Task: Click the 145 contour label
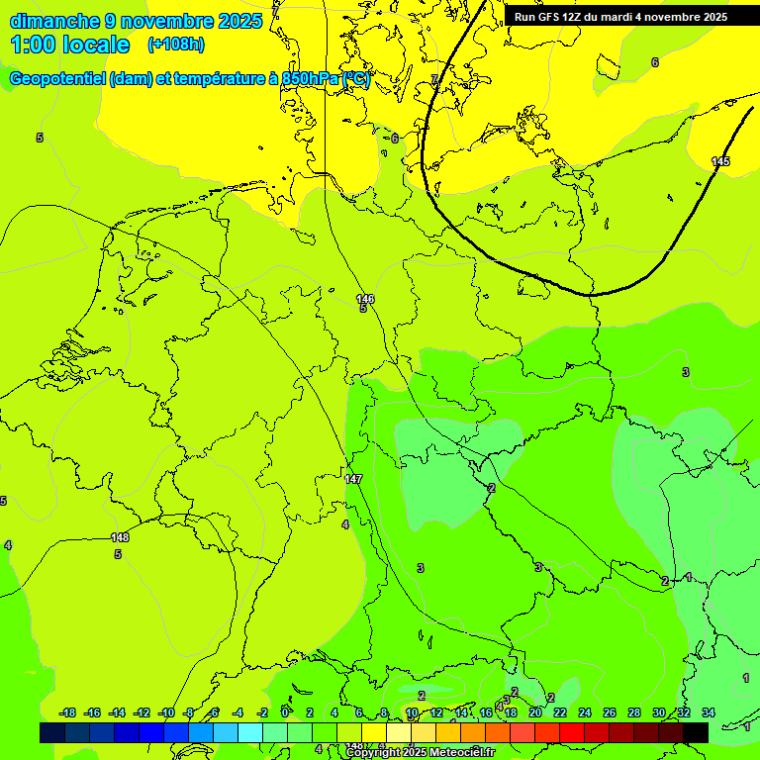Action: (720, 161)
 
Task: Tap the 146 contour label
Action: (365, 298)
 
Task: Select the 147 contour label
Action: (353, 479)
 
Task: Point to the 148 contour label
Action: (120, 537)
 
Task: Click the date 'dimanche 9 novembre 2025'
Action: (136, 21)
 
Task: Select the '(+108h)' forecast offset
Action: (176, 45)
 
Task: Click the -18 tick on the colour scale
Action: (67, 712)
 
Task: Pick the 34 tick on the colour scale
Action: (709, 712)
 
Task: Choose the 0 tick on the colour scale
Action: (285, 712)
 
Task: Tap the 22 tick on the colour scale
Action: (559, 712)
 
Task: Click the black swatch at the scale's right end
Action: (696, 732)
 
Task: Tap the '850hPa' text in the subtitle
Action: (309, 79)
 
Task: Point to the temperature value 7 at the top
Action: (433, 79)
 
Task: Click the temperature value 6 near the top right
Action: (654, 62)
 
